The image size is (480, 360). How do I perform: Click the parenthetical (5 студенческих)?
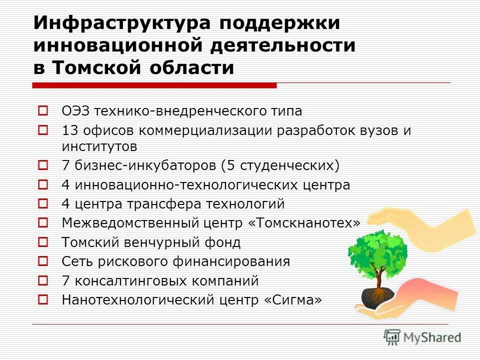click(290, 165)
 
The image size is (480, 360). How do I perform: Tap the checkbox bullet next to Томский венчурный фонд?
click(43, 242)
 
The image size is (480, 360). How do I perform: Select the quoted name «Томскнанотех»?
click(307, 223)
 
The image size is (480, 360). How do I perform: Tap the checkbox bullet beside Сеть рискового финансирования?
click(43, 261)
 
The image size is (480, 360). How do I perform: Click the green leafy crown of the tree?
click(377, 252)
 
